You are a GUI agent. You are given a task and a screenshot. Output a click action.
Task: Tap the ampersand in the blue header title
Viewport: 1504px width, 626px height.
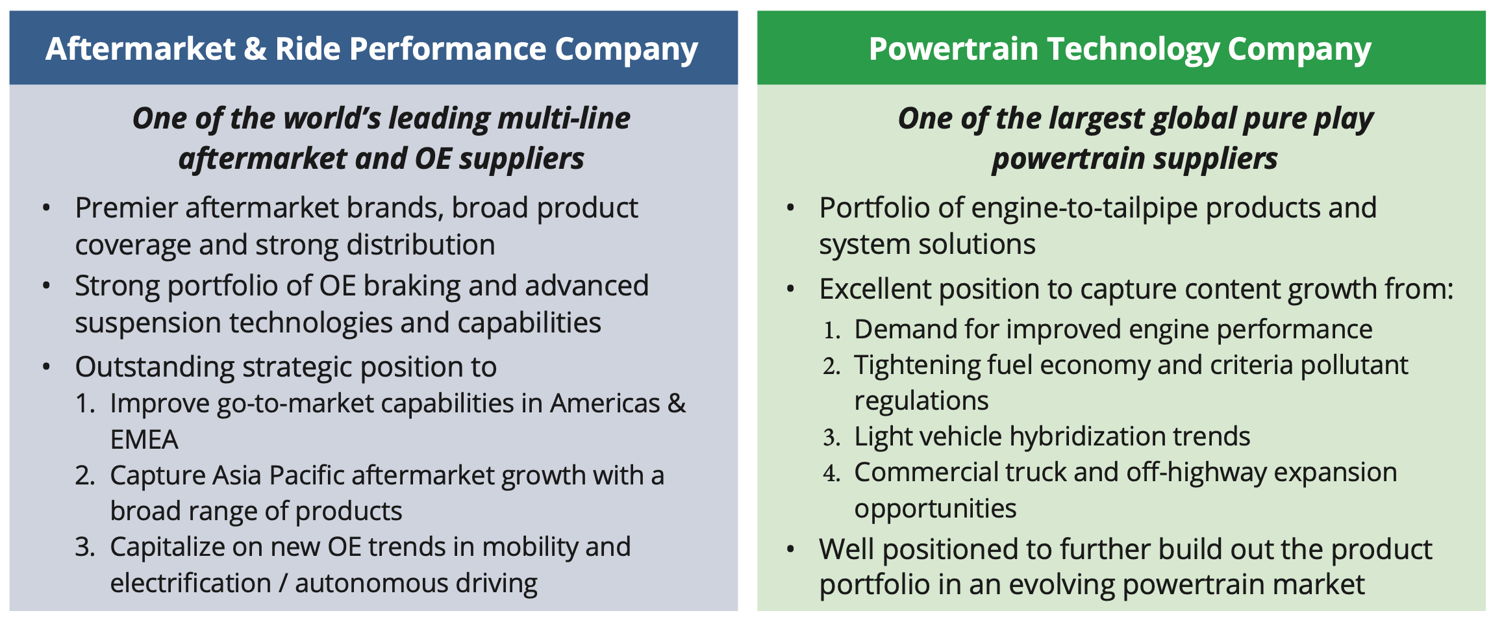click(255, 49)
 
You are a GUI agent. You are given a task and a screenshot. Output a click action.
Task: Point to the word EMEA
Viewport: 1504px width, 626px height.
click(144, 440)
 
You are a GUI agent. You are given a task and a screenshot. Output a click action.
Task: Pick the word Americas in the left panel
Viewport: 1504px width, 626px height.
click(605, 404)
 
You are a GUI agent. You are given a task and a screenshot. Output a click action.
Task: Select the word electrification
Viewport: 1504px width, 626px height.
click(190, 583)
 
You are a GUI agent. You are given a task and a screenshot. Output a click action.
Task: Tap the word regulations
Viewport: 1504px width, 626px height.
click(921, 401)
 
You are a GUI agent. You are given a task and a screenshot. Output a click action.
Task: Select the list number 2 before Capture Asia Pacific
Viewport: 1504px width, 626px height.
click(84, 476)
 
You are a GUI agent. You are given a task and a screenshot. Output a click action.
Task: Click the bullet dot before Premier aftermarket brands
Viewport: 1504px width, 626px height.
click(46, 208)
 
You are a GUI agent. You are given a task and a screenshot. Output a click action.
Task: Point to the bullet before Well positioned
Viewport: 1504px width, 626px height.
click(790, 549)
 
